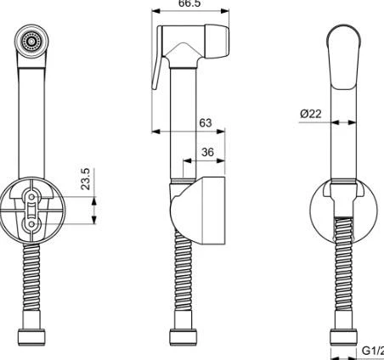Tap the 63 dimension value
click(x=204, y=122)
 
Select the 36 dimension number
click(x=206, y=152)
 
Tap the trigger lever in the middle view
click(x=157, y=71)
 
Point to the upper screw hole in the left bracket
click(x=32, y=198)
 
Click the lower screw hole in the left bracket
click(x=32, y=224)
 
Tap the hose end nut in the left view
click(x=32, y=338)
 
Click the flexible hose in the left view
click(x=32, y=280)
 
